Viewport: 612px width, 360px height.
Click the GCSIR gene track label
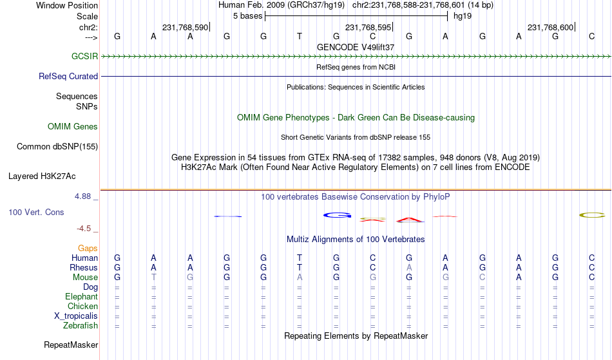click(84, 56)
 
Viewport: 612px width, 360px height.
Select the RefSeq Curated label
click(68, 76)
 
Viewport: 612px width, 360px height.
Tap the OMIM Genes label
click(73, 126)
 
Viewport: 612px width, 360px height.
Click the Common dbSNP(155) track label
click(57, 146)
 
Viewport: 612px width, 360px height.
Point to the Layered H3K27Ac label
click(42, 176)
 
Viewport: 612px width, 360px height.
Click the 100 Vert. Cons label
click(36, 212)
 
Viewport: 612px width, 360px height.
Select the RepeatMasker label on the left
click(71, 345)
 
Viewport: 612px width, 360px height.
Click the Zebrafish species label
click(81, 325)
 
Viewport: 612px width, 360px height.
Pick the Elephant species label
click(82, 296)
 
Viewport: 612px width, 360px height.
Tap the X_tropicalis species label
click(76, 316)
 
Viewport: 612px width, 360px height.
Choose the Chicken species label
click(82, 306)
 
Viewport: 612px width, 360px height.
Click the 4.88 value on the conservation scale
click(82, 196)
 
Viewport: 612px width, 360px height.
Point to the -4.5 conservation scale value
click(84, 228)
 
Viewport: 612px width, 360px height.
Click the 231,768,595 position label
click(368, 27)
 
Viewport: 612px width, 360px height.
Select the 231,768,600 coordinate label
click(550, 27)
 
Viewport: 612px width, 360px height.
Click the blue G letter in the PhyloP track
click(337, 215)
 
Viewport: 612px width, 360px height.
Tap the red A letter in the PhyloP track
click(410, 220)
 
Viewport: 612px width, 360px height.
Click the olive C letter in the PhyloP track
click(592, 215)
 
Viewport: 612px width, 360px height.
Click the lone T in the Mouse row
click(154, 277)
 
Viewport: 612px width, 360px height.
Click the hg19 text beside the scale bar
click(463, 16)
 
